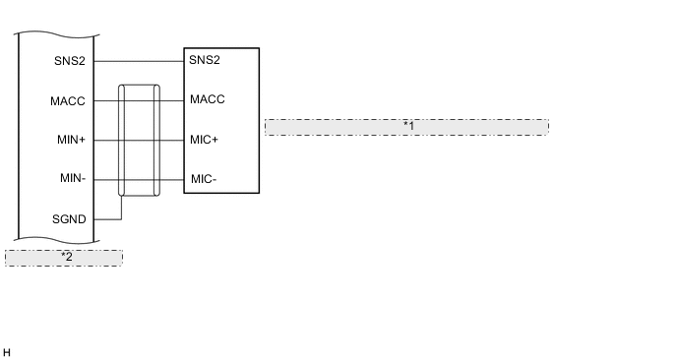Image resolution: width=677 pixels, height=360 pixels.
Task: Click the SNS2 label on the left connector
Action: click(71, 60)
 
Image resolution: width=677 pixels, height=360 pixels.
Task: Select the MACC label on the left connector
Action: click(69, 100)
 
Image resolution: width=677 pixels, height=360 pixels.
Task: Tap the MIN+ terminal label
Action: click(71, 140)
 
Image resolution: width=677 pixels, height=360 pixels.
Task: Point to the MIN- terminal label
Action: click(72, 179)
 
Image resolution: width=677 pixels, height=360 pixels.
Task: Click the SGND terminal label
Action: click(70, 219)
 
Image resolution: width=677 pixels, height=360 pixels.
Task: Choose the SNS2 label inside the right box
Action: click(205, 60)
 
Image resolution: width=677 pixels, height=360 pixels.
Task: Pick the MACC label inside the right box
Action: click(208, 99)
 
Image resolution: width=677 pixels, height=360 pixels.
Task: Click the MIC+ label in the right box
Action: click(205, 140)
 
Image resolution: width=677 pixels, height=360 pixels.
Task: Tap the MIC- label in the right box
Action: click(204, 179)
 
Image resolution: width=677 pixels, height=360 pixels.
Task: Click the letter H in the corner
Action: click(7, 351)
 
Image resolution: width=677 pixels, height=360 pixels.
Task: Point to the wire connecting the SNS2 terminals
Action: click(139, 60)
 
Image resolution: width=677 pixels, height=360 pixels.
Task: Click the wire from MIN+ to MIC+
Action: click(172, 140)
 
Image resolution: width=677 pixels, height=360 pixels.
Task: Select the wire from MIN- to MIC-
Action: click(172, 180)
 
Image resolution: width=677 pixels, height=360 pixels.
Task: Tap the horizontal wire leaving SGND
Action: click(107, 219)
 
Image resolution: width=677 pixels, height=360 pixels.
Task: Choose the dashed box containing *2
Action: click(30, 257)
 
